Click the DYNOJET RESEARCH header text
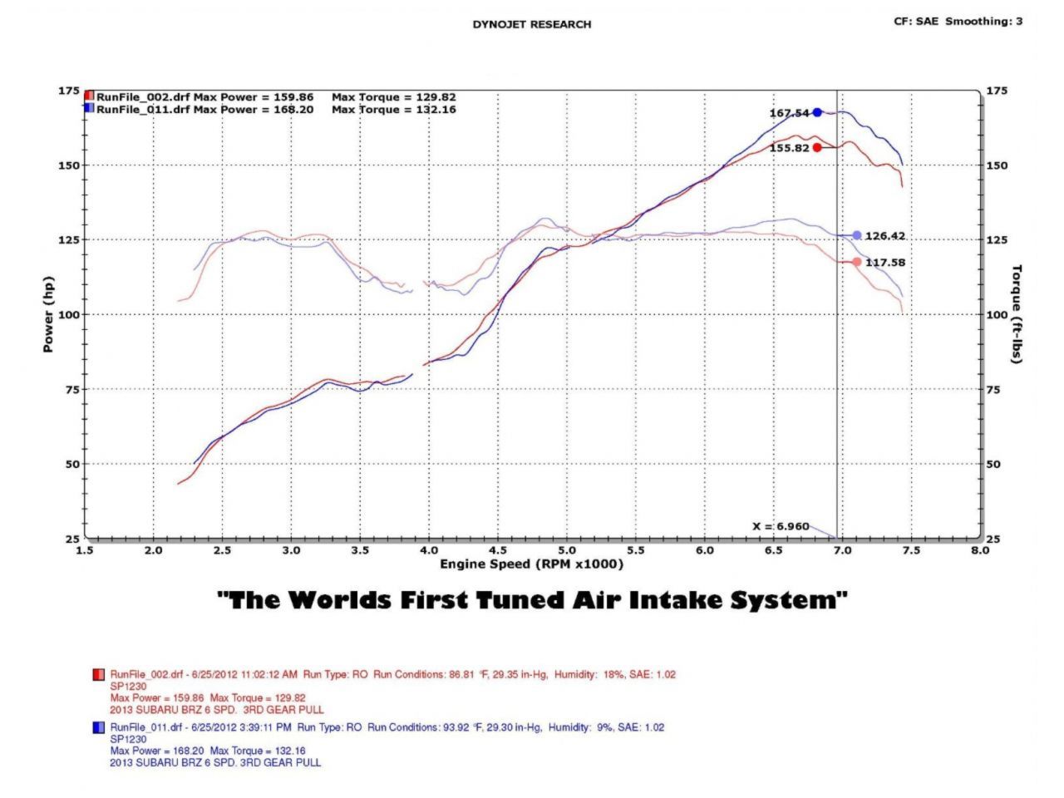pyautogui.click(x=532, y=24)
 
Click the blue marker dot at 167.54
pyautogui.click(x=817, y=112)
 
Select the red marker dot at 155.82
pyautogui.click(x=817, y=147)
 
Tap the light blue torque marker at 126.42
pyautogui.click(x=857, y=235)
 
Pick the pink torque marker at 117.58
pyautogui.click(x=857, y=262)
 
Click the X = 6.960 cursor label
pyautogui.click(x=780, y=526)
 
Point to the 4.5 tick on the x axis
pyautogui.click(x=497, y=550)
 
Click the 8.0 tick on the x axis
pyautogui.click(x=980, y=550)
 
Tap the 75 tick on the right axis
pyautogui.click(x=993, y=389)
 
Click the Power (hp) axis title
pyautogui.click(x=48, y=314)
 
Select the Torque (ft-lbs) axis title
pyautogui.click(x=1017, y=314)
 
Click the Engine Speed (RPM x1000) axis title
pyautogui.click(x=531, y=564)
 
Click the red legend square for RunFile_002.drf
pyautogui.click(x=89, y=96)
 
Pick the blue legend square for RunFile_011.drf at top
pyautogui.click(x=89, y=108)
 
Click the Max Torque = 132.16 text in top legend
pyautogui.click(x=393, y=109)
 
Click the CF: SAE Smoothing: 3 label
pyautogui.click(x=958, y=22)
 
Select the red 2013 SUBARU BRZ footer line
pyautogui.click(x=217, y=710)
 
